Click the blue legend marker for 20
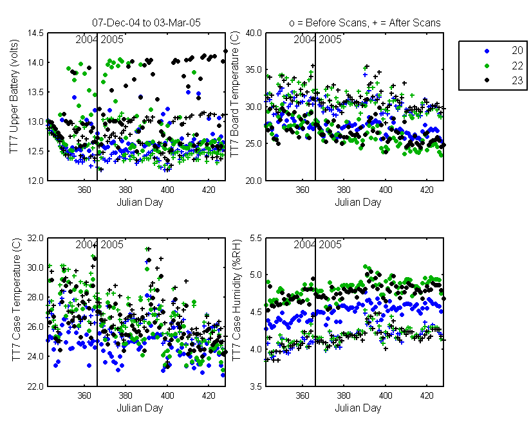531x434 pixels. coord(487,51)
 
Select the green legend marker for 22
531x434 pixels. coord(487,66)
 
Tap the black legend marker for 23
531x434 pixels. coord(487,80)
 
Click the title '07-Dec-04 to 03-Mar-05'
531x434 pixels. coord(146,23)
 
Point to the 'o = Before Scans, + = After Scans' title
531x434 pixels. coord(365,23)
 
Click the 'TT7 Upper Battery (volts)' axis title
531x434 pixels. coord(14,96)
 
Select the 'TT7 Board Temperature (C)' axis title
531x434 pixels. coord(235,94)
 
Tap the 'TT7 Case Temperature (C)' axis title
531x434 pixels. coord(17,300)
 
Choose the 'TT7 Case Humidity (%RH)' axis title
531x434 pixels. coord(237,300)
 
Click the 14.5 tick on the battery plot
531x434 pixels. coord(36,33)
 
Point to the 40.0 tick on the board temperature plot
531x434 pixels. coord(254,33)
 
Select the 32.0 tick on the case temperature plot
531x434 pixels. coord(36,238)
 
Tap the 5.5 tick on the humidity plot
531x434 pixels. coord(256,238)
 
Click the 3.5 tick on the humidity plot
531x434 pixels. coord(256,386)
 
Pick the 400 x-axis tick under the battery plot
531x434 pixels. coord(167,190)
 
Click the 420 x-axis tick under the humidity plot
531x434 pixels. coord(427,395)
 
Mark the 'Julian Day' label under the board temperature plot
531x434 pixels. coord(358,203)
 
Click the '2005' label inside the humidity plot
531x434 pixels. coord(330,244)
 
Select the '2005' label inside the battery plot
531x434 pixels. coord(112,40)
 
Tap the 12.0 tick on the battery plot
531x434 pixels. coord(36,181)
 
